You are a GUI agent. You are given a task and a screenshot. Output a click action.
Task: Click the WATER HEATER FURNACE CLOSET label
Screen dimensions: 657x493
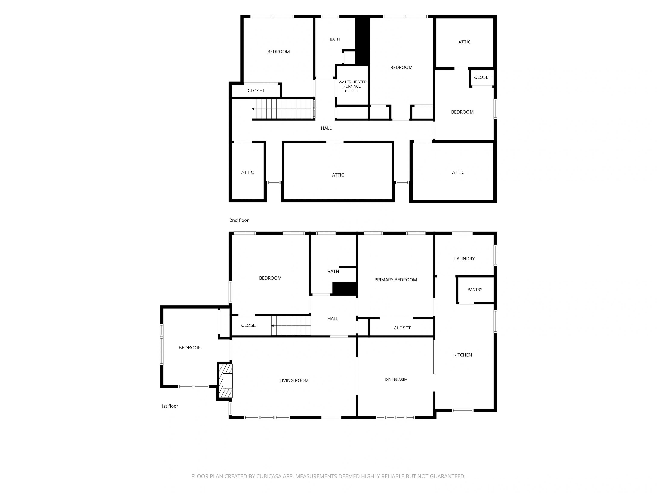(352, 86)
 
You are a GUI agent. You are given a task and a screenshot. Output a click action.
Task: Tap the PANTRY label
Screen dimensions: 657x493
(475, 290)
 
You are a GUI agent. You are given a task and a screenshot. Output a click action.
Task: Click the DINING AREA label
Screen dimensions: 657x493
(396, 379)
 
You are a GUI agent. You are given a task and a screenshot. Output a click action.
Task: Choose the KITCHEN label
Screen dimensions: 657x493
(462, 355)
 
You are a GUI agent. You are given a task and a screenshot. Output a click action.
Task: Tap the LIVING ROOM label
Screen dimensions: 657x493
(294, 380)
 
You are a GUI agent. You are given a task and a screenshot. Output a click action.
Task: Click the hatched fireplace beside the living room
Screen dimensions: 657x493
(225, 381)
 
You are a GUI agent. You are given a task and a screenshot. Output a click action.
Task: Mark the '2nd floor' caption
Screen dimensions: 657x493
(239, 220)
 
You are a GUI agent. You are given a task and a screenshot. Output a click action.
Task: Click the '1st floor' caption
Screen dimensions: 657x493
(169, 406)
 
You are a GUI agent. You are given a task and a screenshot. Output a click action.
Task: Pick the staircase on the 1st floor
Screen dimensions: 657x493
(291, 326)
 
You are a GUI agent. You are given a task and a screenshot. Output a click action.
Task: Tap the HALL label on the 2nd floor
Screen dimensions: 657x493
(326, 128)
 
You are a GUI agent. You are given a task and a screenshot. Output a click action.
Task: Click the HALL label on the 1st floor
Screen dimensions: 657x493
(333, 319)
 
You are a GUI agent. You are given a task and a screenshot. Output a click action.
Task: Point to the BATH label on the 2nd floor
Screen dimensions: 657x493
(335, 39)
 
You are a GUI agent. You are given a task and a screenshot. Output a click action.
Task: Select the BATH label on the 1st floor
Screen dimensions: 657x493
(333, 271)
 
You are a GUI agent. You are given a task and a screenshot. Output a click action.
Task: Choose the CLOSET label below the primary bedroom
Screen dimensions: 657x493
(402, 328)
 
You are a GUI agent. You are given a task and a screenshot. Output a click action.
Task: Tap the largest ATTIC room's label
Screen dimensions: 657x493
(338, 175)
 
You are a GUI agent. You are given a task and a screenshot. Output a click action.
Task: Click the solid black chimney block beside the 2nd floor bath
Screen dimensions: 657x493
(362, 41)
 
